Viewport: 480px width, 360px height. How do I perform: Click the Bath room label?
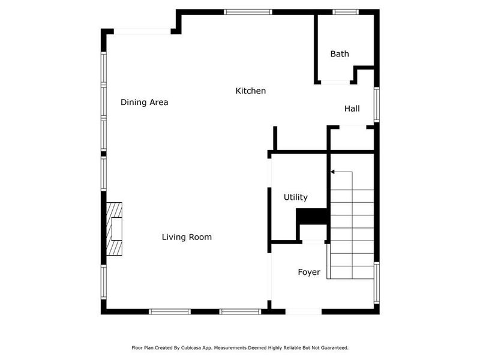[340, 54]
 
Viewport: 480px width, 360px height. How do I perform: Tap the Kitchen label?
[250, 91]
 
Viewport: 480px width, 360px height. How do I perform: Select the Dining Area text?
[144, 102]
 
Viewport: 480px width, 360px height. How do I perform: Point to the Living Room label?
[187, 237]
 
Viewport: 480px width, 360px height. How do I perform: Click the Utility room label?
[295, 197]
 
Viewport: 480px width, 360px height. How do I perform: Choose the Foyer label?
[309, 272]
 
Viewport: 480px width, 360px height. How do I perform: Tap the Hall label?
[352, 109]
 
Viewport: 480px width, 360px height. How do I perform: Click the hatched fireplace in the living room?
[114, 229]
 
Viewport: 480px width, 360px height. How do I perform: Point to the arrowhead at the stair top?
[332, 172]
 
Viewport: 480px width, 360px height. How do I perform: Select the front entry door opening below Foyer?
[304, 311]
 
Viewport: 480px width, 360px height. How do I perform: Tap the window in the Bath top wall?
[346, 11]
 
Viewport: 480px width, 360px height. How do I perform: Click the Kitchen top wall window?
[248, 11]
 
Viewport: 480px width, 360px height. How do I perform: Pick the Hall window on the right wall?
[377, 104]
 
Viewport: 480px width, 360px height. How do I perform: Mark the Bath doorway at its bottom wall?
[334, 82]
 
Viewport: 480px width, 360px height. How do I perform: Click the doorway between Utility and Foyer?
[312, 242]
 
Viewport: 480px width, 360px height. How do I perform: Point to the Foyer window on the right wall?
[377, 282]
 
